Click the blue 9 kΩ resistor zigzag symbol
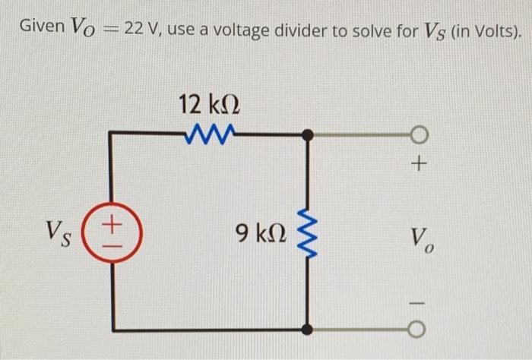pyautogui.click(x=307, y=231)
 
